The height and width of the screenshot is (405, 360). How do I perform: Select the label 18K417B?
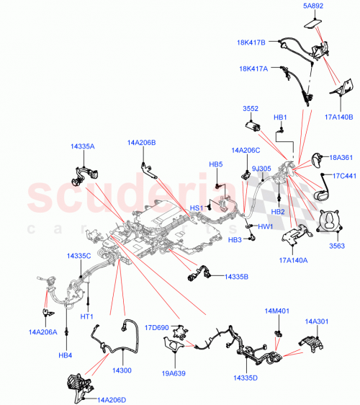click(252, 43)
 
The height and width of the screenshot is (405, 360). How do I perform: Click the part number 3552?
click(250, 109)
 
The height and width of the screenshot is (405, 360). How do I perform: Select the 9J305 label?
click(261, 169)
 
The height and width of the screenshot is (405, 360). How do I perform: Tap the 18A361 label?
click(340, 156)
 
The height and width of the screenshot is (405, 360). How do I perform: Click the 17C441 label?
click(344, 176)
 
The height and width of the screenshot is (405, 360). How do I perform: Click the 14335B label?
click(238, 276)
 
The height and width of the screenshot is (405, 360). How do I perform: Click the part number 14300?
click(122, 370)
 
